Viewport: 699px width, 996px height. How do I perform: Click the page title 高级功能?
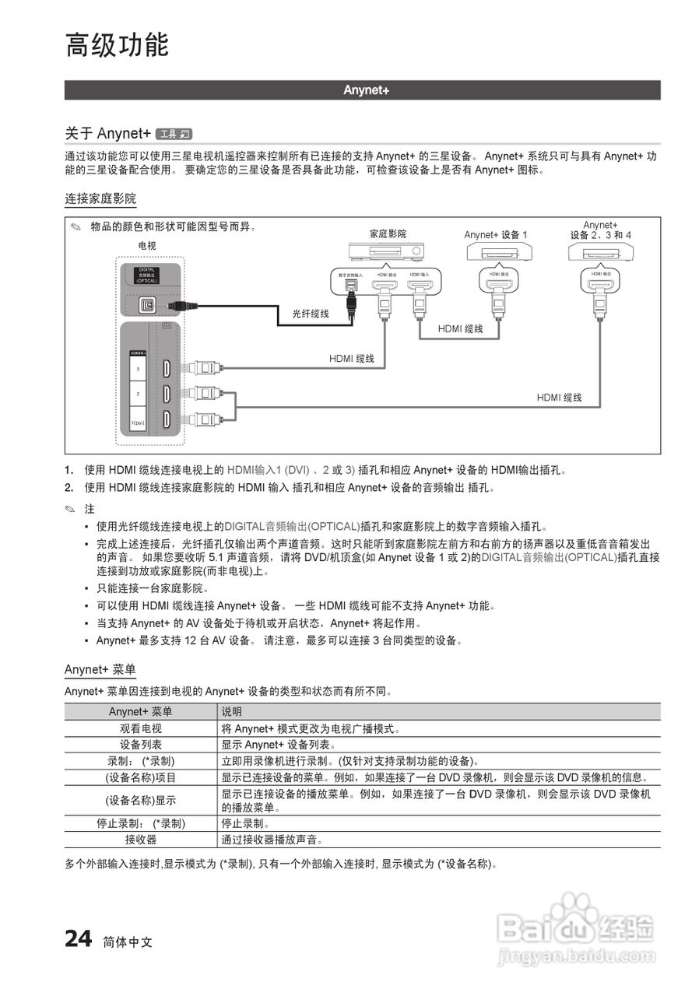tap(117, 44)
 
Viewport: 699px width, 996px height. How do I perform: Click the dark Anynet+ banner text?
tap(366, 90)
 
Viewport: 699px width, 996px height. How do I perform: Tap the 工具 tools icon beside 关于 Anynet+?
tap(174, 133)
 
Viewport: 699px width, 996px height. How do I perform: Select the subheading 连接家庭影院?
tap(100, 200)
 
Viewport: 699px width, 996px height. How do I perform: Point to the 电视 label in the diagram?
tap(147, 245)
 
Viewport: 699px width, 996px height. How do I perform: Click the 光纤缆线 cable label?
tap(311, 314)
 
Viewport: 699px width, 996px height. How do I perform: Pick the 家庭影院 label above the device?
tap(387, 233)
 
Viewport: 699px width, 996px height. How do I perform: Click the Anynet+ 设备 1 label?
tap(496, 234)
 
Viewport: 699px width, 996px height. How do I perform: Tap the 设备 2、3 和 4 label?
tap(600, 235)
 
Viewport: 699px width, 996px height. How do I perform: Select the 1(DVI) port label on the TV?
tap(139, 423)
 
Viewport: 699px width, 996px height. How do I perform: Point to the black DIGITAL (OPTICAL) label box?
tap(147, 275)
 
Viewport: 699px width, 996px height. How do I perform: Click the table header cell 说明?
tap(232, 712)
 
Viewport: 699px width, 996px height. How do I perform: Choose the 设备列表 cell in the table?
tap(141, 745)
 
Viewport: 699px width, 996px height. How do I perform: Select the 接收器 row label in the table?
tap(141, 840)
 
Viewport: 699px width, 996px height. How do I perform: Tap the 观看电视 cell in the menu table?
tap(141, 729)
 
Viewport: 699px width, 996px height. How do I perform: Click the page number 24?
tap(79, 939)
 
